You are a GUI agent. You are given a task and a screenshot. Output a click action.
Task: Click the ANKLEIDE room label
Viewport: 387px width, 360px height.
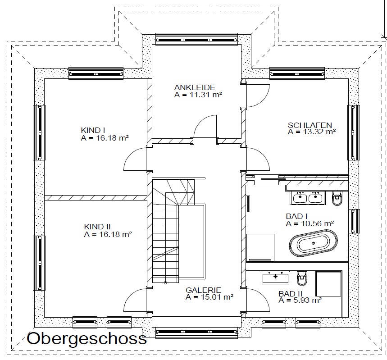[195, 87]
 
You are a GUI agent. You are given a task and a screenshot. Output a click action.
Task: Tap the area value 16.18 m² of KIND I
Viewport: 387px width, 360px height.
[113, 138]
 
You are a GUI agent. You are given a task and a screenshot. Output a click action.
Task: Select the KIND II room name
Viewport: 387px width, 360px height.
[97, 227]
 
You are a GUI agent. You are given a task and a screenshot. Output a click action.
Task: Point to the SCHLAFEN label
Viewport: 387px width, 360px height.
[310, 125]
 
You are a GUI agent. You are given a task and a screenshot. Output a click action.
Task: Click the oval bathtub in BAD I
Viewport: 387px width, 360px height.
[313, 243]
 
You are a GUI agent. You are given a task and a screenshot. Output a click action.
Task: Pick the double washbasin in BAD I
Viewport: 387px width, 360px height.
[308, 198]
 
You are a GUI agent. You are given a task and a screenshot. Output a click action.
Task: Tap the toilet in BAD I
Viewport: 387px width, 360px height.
[337, 198]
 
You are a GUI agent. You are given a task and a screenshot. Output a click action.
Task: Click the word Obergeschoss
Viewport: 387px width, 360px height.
[87, 338]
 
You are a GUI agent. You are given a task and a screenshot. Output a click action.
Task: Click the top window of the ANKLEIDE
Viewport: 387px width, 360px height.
[196, 39]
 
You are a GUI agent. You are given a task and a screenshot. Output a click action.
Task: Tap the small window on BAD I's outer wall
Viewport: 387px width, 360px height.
[354, 221]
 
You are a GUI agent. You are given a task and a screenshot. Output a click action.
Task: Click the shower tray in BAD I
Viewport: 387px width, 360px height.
[260, 247]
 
